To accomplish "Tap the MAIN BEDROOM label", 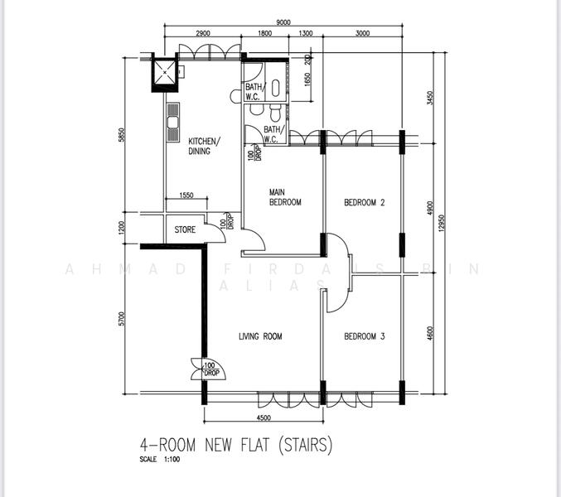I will click(x=284, y=197).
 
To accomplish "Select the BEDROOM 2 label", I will click(x=365, y=202).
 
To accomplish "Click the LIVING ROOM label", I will click(x=261, y=336).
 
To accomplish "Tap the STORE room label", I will click(x=185, y=229).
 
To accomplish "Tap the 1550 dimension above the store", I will click(x=186, y=195).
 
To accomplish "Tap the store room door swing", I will click(x=215, y=234).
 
